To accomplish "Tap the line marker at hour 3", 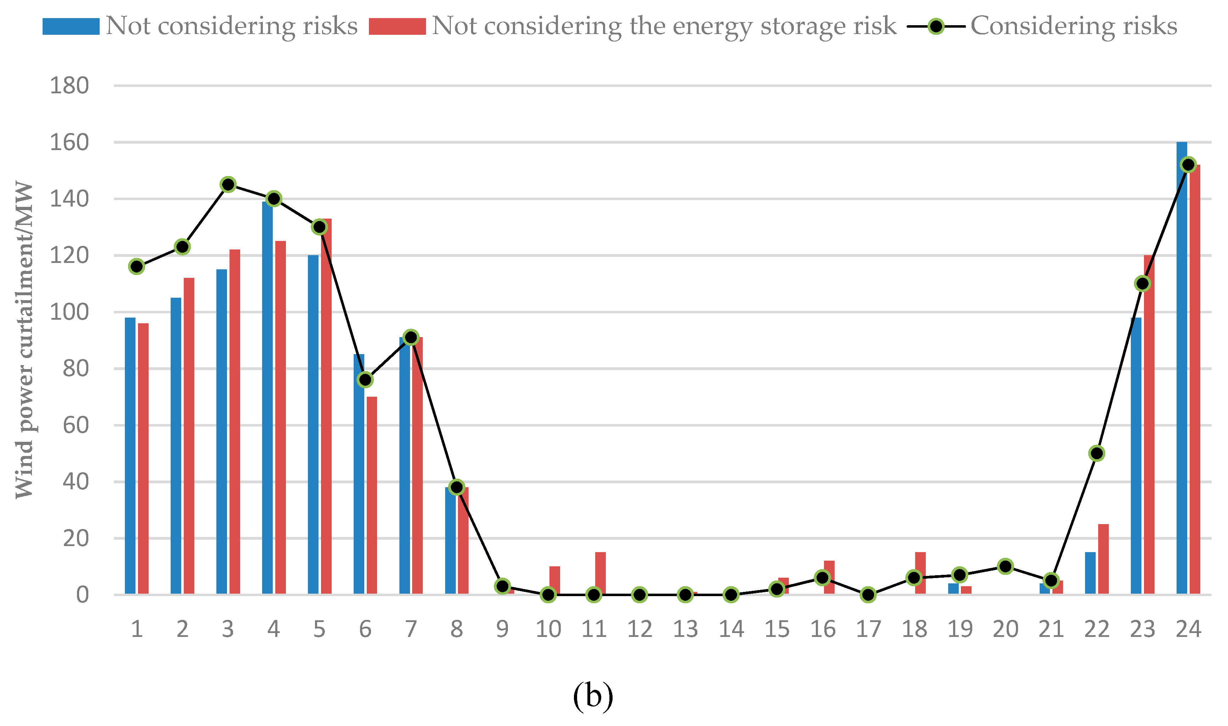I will point(228,185).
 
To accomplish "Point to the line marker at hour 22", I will point(1096,453).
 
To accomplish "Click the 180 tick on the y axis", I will point(70,86).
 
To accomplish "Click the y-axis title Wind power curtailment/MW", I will point(23,340).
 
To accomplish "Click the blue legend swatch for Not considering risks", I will point(71,26).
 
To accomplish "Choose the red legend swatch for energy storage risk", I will point(397,26).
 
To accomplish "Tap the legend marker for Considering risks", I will point(936,26).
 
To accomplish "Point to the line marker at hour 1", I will point(137,266).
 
